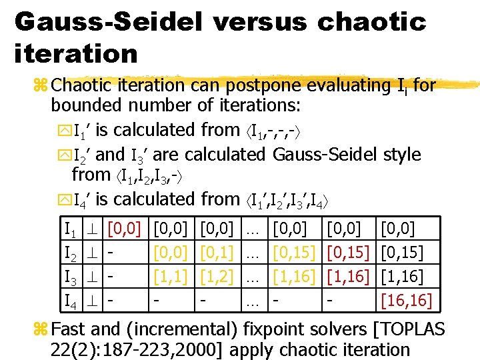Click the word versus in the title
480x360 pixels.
(260, 21)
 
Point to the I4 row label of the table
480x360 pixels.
(70, 300)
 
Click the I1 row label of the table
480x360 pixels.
(70, 230)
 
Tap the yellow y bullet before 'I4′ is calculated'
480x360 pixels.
(63, 199)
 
